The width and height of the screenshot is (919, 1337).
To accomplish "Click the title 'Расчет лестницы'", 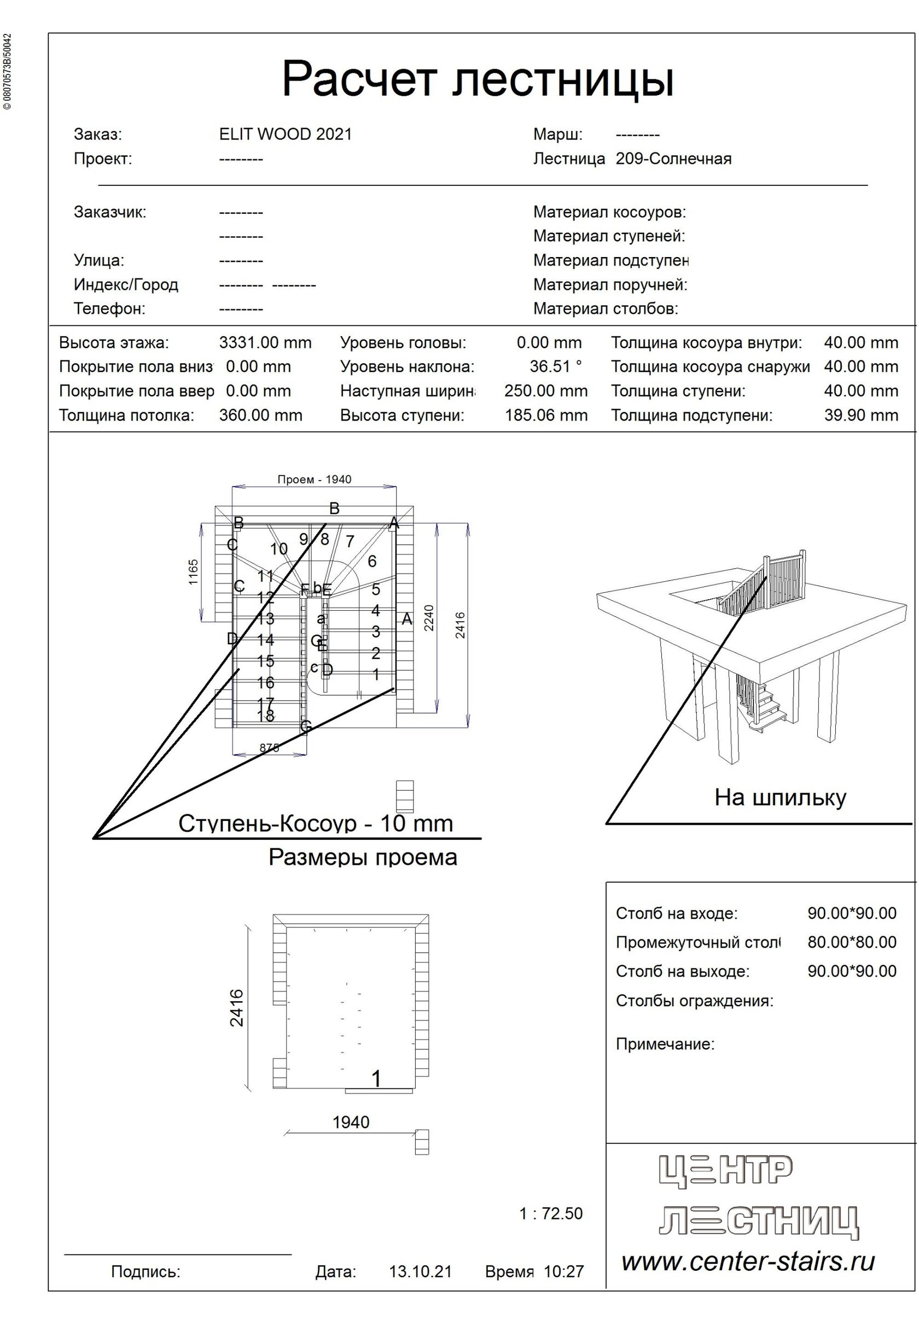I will (x=478, y=79).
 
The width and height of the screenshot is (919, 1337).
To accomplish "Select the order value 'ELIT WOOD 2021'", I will (x=285, y=134).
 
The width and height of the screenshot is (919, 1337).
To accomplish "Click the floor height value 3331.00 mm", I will (x=265, y=343).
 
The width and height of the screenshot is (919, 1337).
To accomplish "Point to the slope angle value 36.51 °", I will (x=556, y=366).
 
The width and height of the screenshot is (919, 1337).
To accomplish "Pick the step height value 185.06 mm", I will (x=546, y=415).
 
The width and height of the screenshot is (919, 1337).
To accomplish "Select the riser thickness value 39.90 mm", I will (x=860, y=415).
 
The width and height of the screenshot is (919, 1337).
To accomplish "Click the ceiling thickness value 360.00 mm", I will (x=260, y=415).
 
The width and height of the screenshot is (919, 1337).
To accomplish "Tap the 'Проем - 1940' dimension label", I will (x=314, y=480).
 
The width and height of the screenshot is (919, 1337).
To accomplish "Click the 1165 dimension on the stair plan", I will (x=193, y=571).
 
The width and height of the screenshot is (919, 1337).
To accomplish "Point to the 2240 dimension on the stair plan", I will (x=429, y=617).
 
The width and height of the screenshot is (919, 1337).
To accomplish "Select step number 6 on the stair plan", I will (x=372, y=561).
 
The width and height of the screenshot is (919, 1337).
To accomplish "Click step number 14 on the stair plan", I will (x=265, y=639).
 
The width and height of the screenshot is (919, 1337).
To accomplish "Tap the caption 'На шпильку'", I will (x=780, y=797).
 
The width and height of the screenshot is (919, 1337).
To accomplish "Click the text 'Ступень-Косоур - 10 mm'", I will (x=316, y=824).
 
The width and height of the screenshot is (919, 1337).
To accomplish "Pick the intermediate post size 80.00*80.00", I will (x=851, y=942).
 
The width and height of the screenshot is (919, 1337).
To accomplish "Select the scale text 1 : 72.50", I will (x=550, y=1214).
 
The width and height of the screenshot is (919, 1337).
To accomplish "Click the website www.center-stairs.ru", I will (x=747, y=1262).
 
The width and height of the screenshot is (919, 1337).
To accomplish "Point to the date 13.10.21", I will (x=420, y=1271).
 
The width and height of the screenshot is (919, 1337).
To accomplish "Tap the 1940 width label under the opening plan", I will (x=351, y=1122).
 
